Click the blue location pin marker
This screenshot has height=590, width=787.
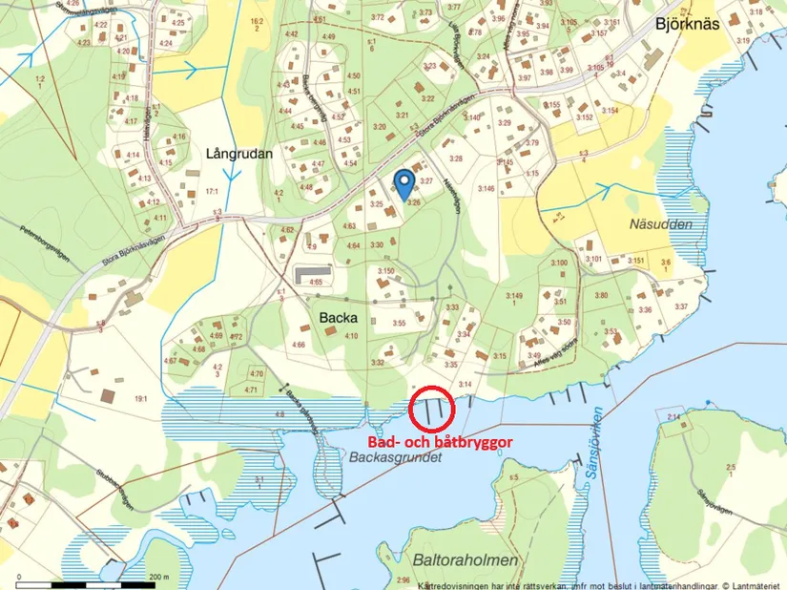404,180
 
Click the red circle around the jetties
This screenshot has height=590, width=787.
432,411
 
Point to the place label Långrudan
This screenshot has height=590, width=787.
238,153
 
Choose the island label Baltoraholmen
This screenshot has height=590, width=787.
466,559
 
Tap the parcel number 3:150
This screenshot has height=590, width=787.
385,272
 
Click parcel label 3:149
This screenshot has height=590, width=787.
515,298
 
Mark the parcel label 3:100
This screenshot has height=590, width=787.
558,263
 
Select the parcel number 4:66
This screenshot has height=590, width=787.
299,345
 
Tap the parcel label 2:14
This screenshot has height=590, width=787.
673,417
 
